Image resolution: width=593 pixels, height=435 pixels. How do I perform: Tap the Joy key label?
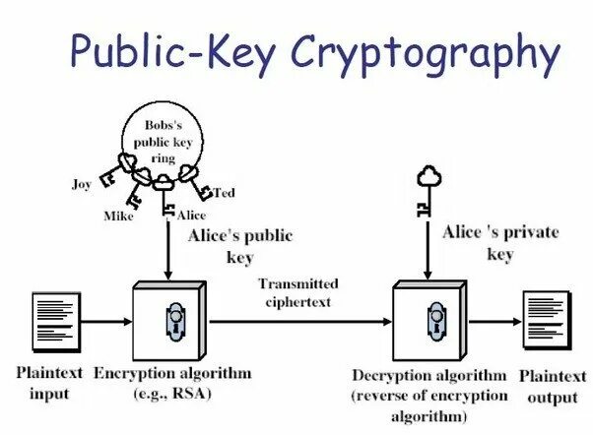pos(82,184)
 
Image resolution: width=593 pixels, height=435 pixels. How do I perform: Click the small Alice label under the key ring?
pos(191,214)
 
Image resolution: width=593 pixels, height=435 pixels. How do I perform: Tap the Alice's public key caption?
pos(239,246)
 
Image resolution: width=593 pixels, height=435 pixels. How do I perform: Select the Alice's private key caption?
pos(499,242)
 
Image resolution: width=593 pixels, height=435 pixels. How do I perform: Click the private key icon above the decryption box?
pos(427,192)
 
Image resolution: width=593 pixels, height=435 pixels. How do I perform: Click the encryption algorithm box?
pos(169,319)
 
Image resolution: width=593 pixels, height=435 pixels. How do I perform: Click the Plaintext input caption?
pos(42,384)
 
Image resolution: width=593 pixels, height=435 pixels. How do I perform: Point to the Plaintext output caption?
pos(551,386)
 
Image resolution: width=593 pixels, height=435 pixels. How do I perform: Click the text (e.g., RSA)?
pos(172,394)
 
